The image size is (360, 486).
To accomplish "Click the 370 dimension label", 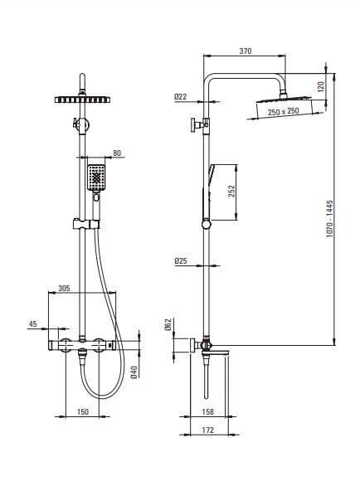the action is pyautogui.click(x=246, y=51).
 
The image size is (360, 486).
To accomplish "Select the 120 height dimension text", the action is pyautogui.click(x=321, y=86).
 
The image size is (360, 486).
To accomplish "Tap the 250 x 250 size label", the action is pyautogui.click(x=284, y=111).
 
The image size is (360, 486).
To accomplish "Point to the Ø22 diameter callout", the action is pyautogui.click(x=181, y=97).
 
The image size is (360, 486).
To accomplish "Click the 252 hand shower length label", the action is pyautogui.click(x=231, y=192).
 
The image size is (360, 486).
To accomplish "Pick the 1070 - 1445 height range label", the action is pyautogui.click(x=329, y=219).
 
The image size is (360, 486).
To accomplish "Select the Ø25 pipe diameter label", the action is pyautogui.click(x=181, y=261).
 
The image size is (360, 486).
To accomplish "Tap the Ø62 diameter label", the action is pyautogui.click(x=168, y=324).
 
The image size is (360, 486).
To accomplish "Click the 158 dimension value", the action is pyautogui.click(x=207, y=411).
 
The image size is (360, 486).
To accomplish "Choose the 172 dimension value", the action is pyautogui.click(x=207, y=430).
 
